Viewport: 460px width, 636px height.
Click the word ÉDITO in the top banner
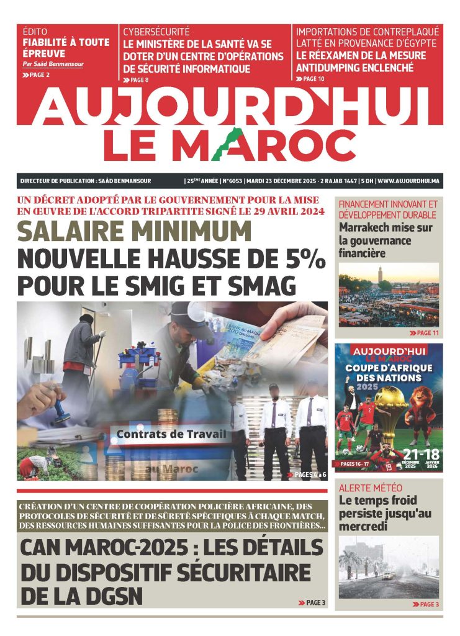point(35,31)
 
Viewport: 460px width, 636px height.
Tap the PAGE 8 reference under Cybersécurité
point(138,80)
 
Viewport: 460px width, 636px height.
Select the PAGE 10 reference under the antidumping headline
point(313,79)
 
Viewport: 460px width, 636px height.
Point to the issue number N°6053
point(232,181)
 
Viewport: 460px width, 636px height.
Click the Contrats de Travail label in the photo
point(172,434)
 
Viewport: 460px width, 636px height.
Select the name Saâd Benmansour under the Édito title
point(53,64)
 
